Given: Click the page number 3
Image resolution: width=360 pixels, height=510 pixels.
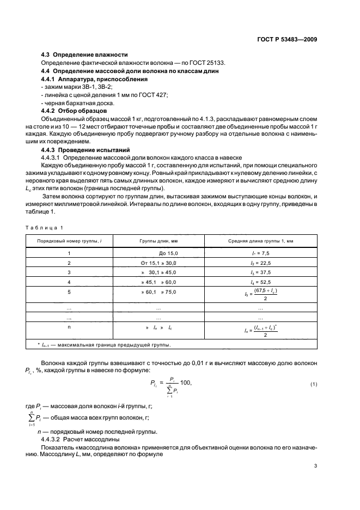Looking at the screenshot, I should [x=316, y=466].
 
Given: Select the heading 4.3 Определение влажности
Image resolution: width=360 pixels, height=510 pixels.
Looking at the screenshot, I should [x=85, y=54].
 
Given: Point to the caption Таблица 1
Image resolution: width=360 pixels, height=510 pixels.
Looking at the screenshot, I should [x=46, y=227].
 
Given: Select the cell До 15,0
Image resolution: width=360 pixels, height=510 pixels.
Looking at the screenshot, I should [x=168, y=253].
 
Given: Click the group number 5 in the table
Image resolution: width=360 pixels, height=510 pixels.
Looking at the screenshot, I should [x=69, y=292].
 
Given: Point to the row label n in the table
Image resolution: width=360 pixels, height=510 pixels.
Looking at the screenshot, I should [x=69, y=327].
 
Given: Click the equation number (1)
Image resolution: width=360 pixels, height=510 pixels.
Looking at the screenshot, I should [x=314, y=385].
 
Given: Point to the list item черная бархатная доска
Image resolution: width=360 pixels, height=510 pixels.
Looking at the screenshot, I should [x=71, y=102].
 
